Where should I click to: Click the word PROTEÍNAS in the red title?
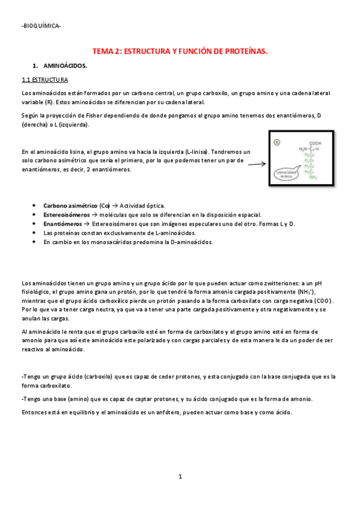tap(243, 52)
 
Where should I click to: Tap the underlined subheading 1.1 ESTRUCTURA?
tap(44, 79)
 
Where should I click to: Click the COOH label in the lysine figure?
tap(316, 143)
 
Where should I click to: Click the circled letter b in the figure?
tap(277, 142)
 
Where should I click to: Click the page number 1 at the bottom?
tap(180, 476)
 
